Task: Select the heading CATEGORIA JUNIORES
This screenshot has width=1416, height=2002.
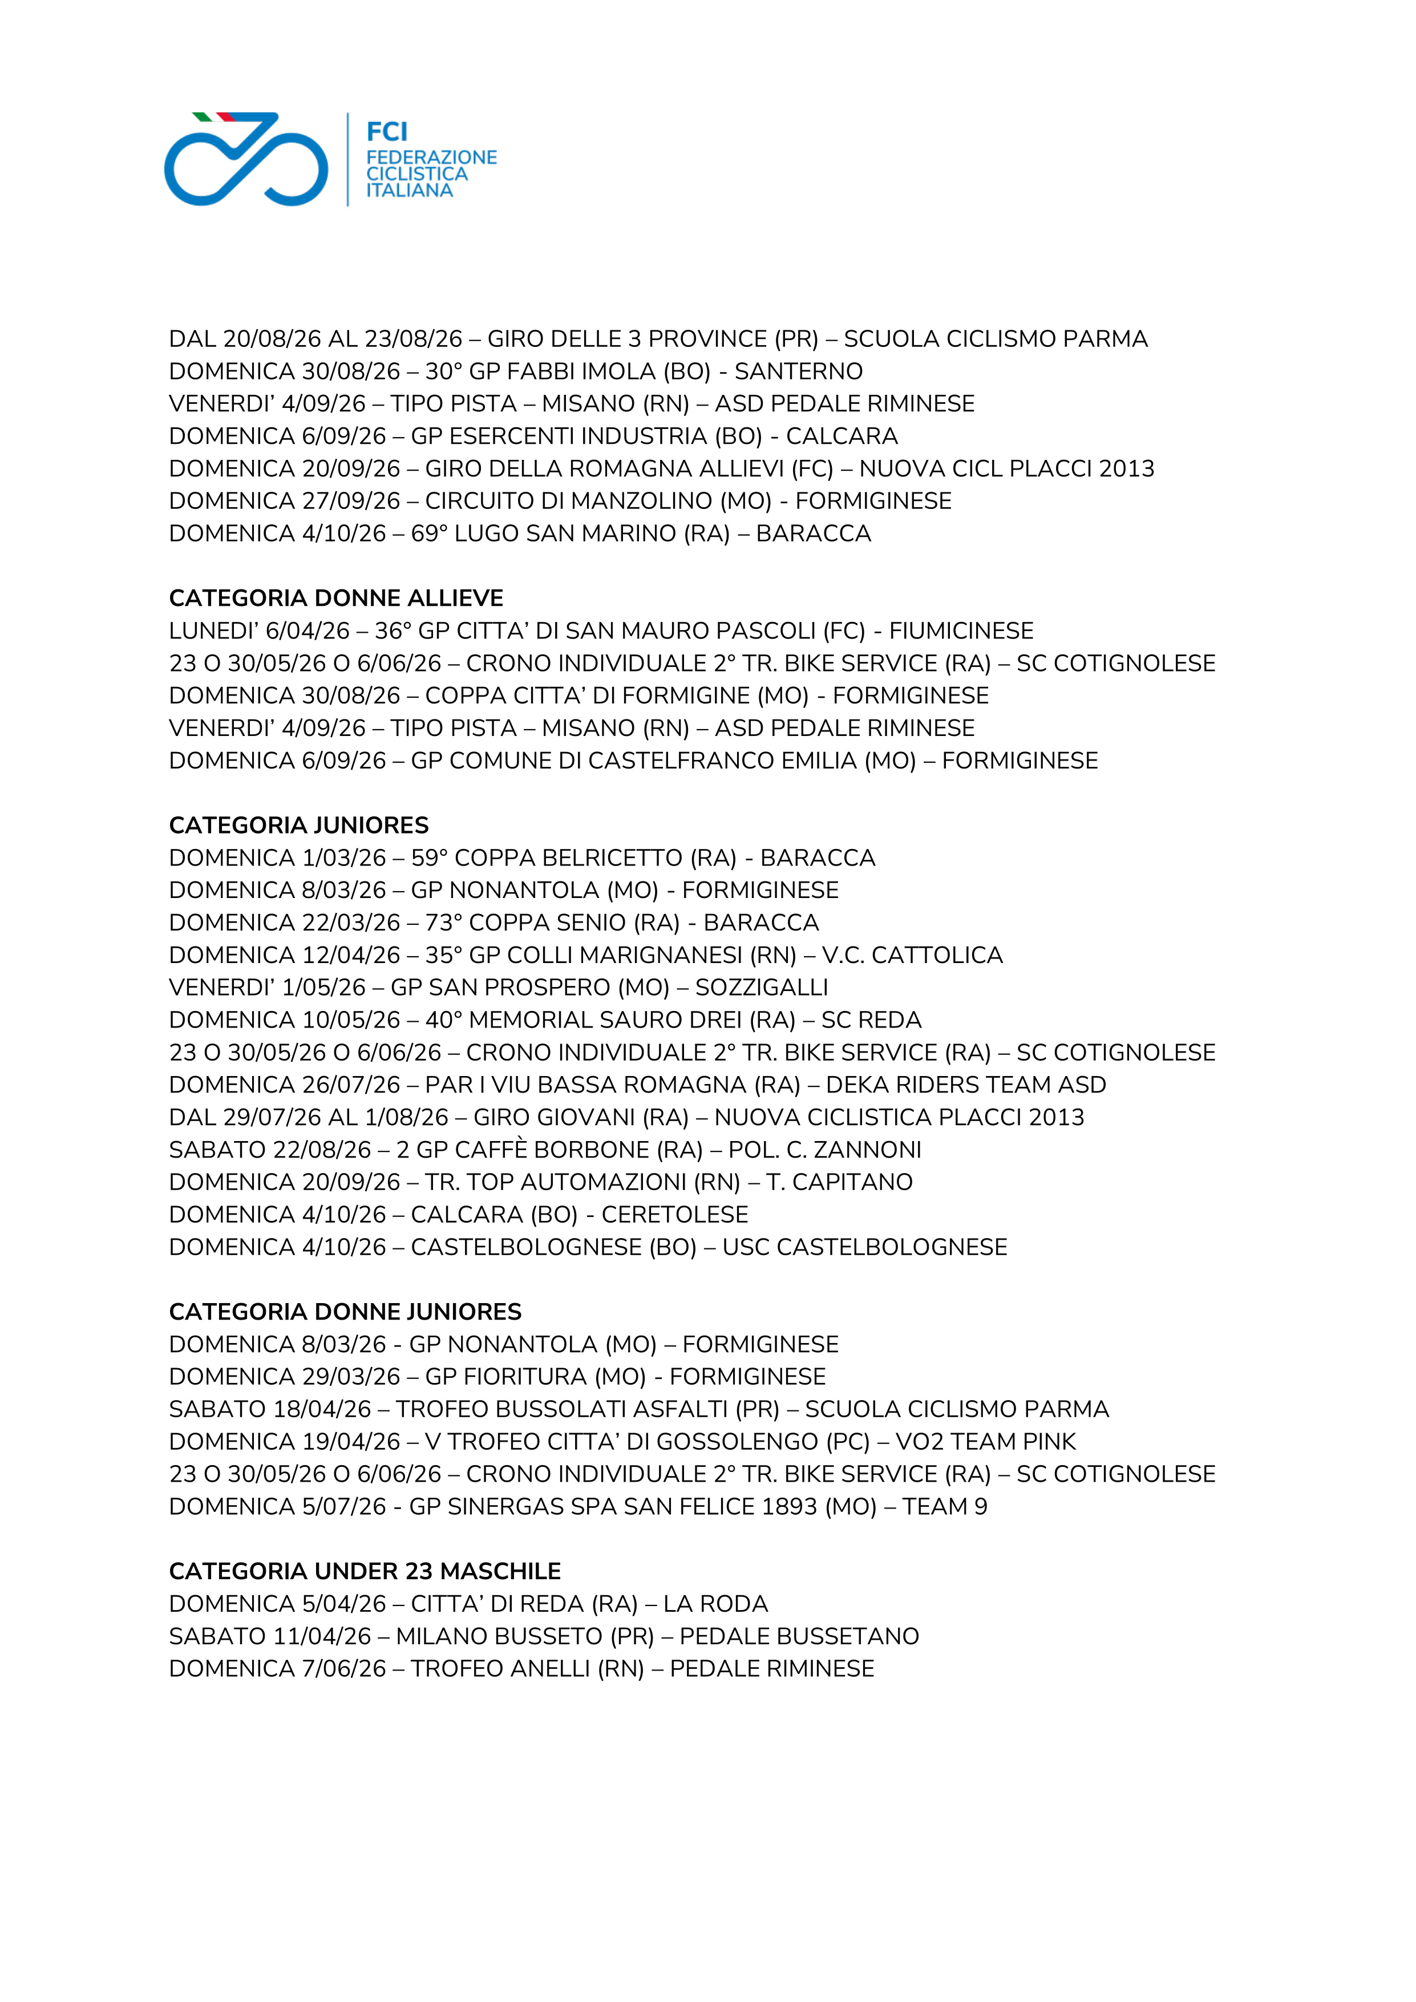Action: point(298,825)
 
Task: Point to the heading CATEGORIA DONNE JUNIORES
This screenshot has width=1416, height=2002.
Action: point(345,1312)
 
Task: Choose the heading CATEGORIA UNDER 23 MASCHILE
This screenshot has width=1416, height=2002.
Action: point(365,1571)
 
